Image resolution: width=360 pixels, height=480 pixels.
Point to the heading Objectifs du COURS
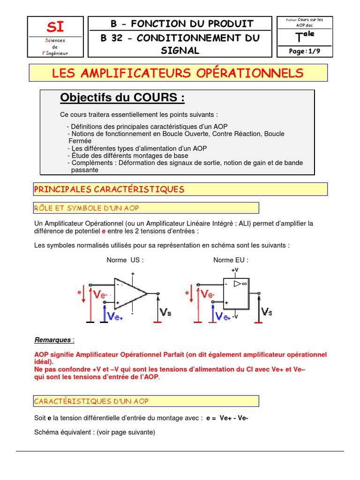[x=122, y=98]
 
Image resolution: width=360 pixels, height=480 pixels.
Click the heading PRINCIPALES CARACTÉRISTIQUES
[x=109, y=189]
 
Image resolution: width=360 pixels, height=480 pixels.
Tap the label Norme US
[x=125, y=260]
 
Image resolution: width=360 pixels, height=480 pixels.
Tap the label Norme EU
[x=231, y=260]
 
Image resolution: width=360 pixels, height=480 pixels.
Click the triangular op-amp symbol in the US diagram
[x=129, y=294]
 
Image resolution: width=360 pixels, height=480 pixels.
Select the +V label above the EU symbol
[x=234, y=270]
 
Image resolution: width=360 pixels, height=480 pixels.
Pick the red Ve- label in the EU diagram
[x=208, y=294]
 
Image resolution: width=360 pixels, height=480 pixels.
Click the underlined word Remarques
[x=53, y=340]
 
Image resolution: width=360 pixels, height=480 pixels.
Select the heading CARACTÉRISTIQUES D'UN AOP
[x=91, y=401]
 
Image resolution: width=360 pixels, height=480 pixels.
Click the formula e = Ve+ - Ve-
[x=227, y=418]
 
